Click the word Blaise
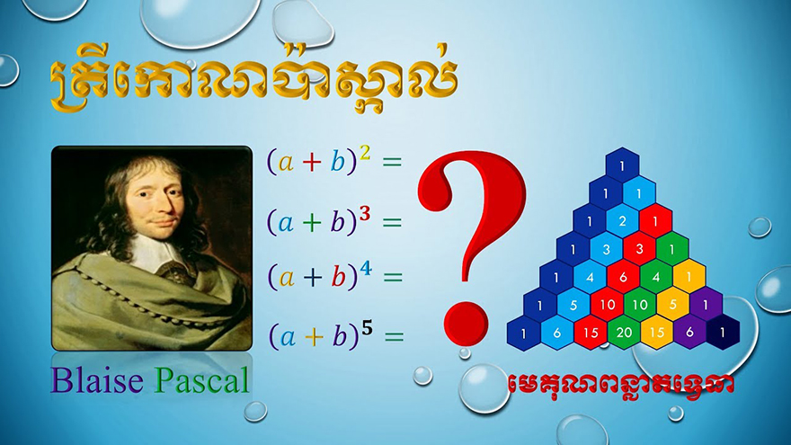click(96, 380)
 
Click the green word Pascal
click(201, 380)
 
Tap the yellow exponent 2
click(365, 152)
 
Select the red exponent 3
click(365, 214)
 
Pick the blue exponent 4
click(366, 269)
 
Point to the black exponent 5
click(367, 328)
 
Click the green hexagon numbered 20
click(624, 332)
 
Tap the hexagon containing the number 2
click(622, 221)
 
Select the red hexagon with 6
click(623, 277)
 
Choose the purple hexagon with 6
click(689, 332)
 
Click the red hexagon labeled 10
click(607, 304)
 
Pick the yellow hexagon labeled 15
click(657, 332)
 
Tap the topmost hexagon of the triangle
click(622, 165)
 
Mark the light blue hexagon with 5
click(573, 304)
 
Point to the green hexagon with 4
click(656, 277)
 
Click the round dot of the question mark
click(467, 324)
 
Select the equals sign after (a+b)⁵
click(394, 336)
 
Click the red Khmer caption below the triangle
click(620, 385)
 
